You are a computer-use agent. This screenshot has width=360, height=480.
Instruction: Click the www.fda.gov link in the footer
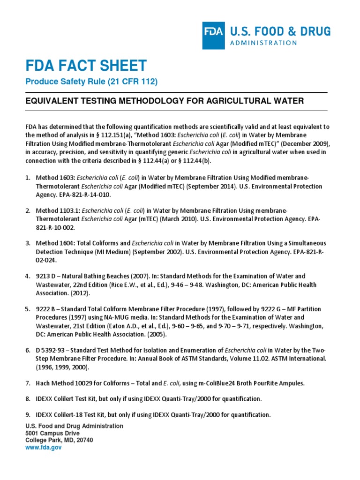point(43,448)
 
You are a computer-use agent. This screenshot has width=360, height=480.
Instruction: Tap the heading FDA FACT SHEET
point(86,66)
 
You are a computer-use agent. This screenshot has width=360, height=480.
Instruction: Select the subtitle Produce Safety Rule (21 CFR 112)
point(91,82)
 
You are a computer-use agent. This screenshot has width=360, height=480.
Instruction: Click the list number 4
point(27,276)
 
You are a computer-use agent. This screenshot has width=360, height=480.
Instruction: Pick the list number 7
point(27,383)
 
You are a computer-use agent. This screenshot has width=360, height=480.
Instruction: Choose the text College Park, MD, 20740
point(59,440)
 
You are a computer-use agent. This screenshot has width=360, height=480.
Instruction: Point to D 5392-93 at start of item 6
point(49,351)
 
